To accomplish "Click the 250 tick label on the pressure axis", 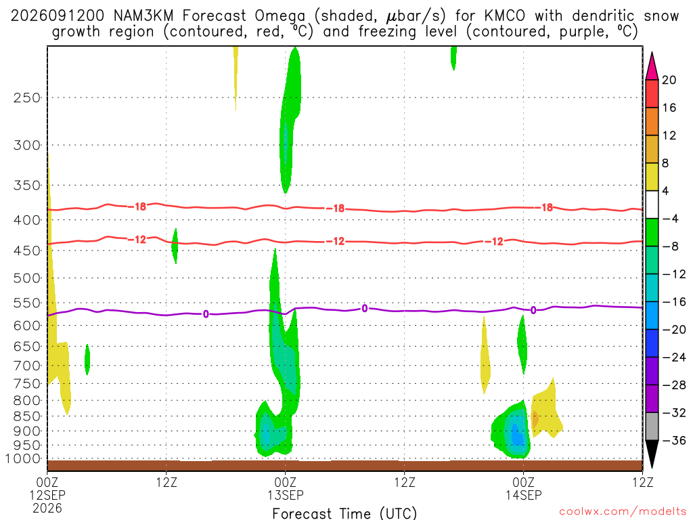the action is point(27,97).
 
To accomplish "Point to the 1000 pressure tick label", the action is point(24,459).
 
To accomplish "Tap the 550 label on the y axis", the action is point(27,303).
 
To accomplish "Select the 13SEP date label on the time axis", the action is point(285,495).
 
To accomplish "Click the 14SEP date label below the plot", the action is point(523,495).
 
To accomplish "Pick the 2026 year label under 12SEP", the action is point(47,508).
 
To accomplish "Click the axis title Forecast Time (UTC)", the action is point(344,513).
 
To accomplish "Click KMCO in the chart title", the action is point(505,16).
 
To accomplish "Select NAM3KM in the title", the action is point(143,16).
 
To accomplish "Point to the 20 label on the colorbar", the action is point(669,80).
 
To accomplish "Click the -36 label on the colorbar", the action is point(674,440).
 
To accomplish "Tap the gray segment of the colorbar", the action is point(652,427).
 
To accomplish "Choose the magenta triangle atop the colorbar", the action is point(652,66).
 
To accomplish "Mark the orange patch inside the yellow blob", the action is point(535,418).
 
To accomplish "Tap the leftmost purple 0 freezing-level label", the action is point(206,314).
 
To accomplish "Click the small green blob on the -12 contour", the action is point(175,246).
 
